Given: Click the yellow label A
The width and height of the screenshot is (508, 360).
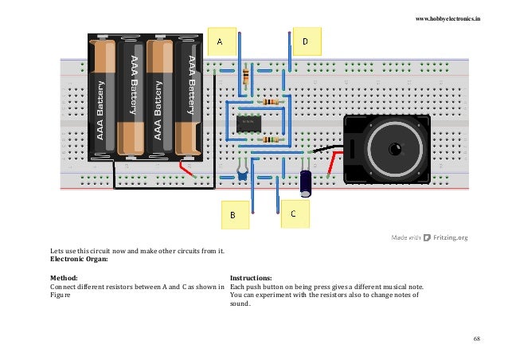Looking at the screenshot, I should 221,39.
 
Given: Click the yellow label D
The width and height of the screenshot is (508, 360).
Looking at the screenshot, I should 306,38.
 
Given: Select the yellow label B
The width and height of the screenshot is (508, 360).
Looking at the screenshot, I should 233,214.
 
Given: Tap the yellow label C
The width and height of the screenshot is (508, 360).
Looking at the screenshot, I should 293,213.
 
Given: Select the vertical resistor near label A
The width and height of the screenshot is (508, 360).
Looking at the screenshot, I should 245,77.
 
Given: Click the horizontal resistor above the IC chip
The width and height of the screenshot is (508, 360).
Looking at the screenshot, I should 271,103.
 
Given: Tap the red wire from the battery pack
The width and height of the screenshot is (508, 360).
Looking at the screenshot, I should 187,170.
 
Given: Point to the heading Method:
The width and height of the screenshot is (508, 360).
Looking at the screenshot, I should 65,278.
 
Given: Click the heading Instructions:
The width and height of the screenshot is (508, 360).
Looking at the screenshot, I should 251,278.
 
